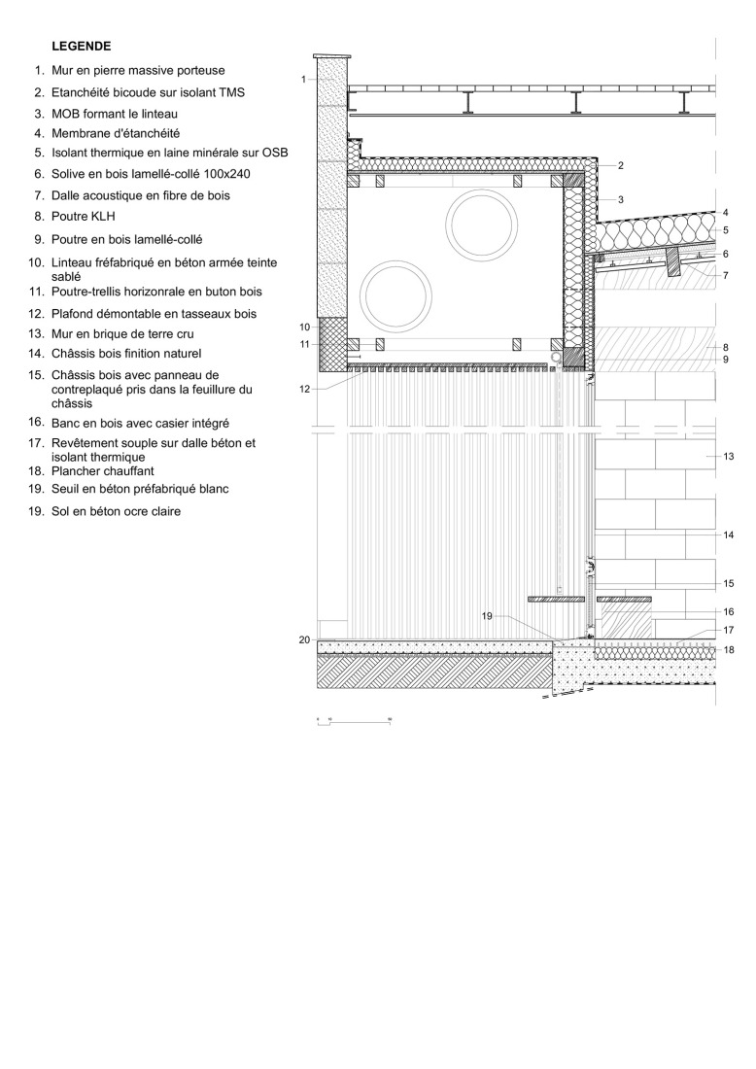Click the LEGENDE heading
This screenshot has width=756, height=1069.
click(82, 46)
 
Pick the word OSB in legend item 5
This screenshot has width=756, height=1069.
click(275, 154)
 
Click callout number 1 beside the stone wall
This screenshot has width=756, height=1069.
click(304, 79)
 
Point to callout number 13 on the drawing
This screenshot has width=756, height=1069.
click(728, 456)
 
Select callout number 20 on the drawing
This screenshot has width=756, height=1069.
click(304, 639)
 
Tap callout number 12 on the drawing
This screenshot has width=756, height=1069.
click(305, 389)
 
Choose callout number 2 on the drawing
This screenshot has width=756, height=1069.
click(620, 166)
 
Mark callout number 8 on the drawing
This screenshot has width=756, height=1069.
click(726, 347)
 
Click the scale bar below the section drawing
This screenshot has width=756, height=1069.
click(354, 722)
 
